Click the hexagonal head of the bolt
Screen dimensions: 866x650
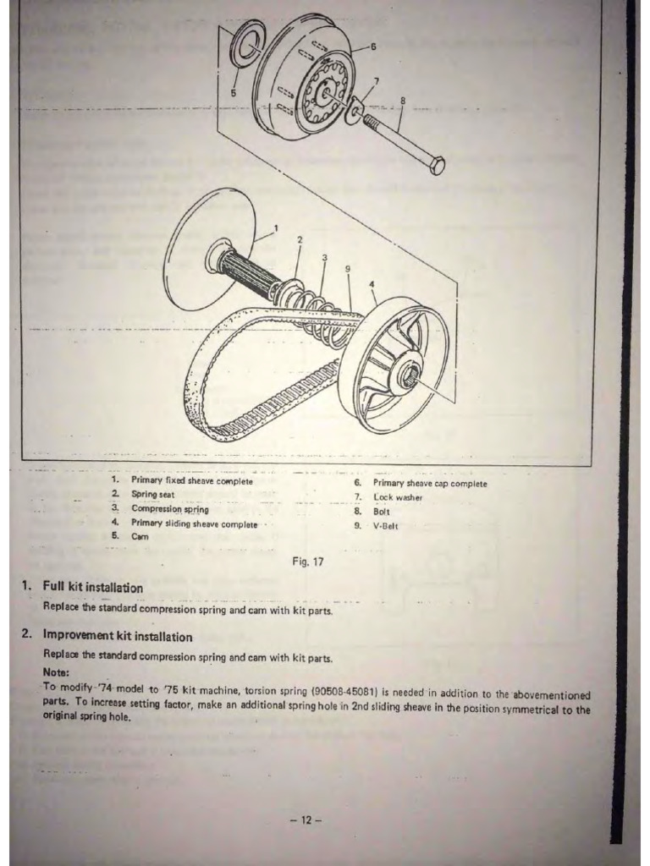tap(436, 164)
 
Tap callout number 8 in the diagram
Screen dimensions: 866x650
tap(403, 101)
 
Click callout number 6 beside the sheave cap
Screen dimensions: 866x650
tap(373, 47)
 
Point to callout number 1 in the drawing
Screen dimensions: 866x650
tap(275, 227)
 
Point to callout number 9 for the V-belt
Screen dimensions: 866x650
tap(348, 269)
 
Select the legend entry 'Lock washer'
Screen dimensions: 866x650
tap(398, 497)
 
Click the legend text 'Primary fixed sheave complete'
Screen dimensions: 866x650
tap(192, 480)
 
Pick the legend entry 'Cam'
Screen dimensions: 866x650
tap(140, 536)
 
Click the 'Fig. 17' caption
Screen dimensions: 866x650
tap(307, 560)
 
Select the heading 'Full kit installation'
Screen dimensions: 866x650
tap(93, 587)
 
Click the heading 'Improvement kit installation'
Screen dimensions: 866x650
tap(118, 636)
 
